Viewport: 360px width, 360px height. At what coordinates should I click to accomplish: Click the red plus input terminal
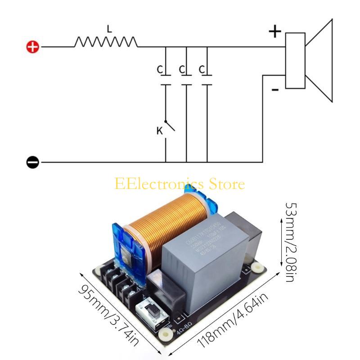(x=33, y=47)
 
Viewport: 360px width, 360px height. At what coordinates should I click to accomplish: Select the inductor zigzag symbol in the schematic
(x=106, y=42)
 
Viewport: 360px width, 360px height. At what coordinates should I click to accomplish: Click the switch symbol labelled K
(x=168, y=126)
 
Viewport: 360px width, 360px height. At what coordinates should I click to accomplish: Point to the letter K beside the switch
(x=159, y=131)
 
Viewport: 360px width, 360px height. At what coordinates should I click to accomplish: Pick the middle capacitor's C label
(x=181, y=70)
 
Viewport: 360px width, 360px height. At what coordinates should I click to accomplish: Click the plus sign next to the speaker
(x=274, y=31)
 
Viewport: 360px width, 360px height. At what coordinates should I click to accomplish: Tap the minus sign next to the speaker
(x=275, y=90)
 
